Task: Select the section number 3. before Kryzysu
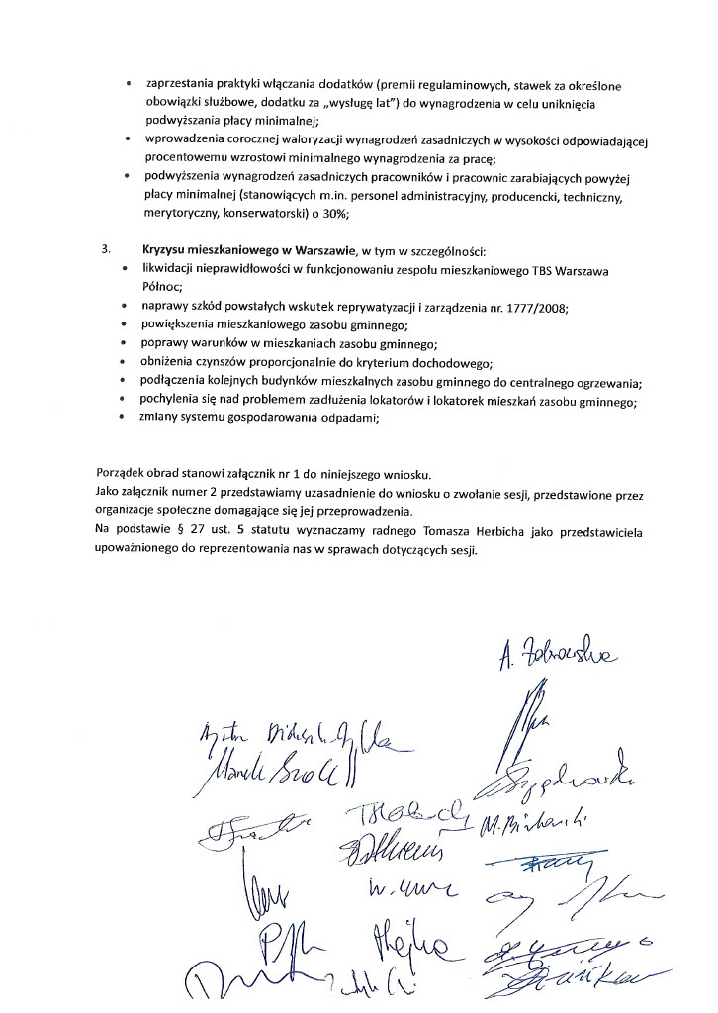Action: (107, 250)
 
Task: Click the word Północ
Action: (165, 287)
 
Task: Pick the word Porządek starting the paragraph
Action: (124, 472)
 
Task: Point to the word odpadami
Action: (346, 418)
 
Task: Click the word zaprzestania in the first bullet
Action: (183, 85)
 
